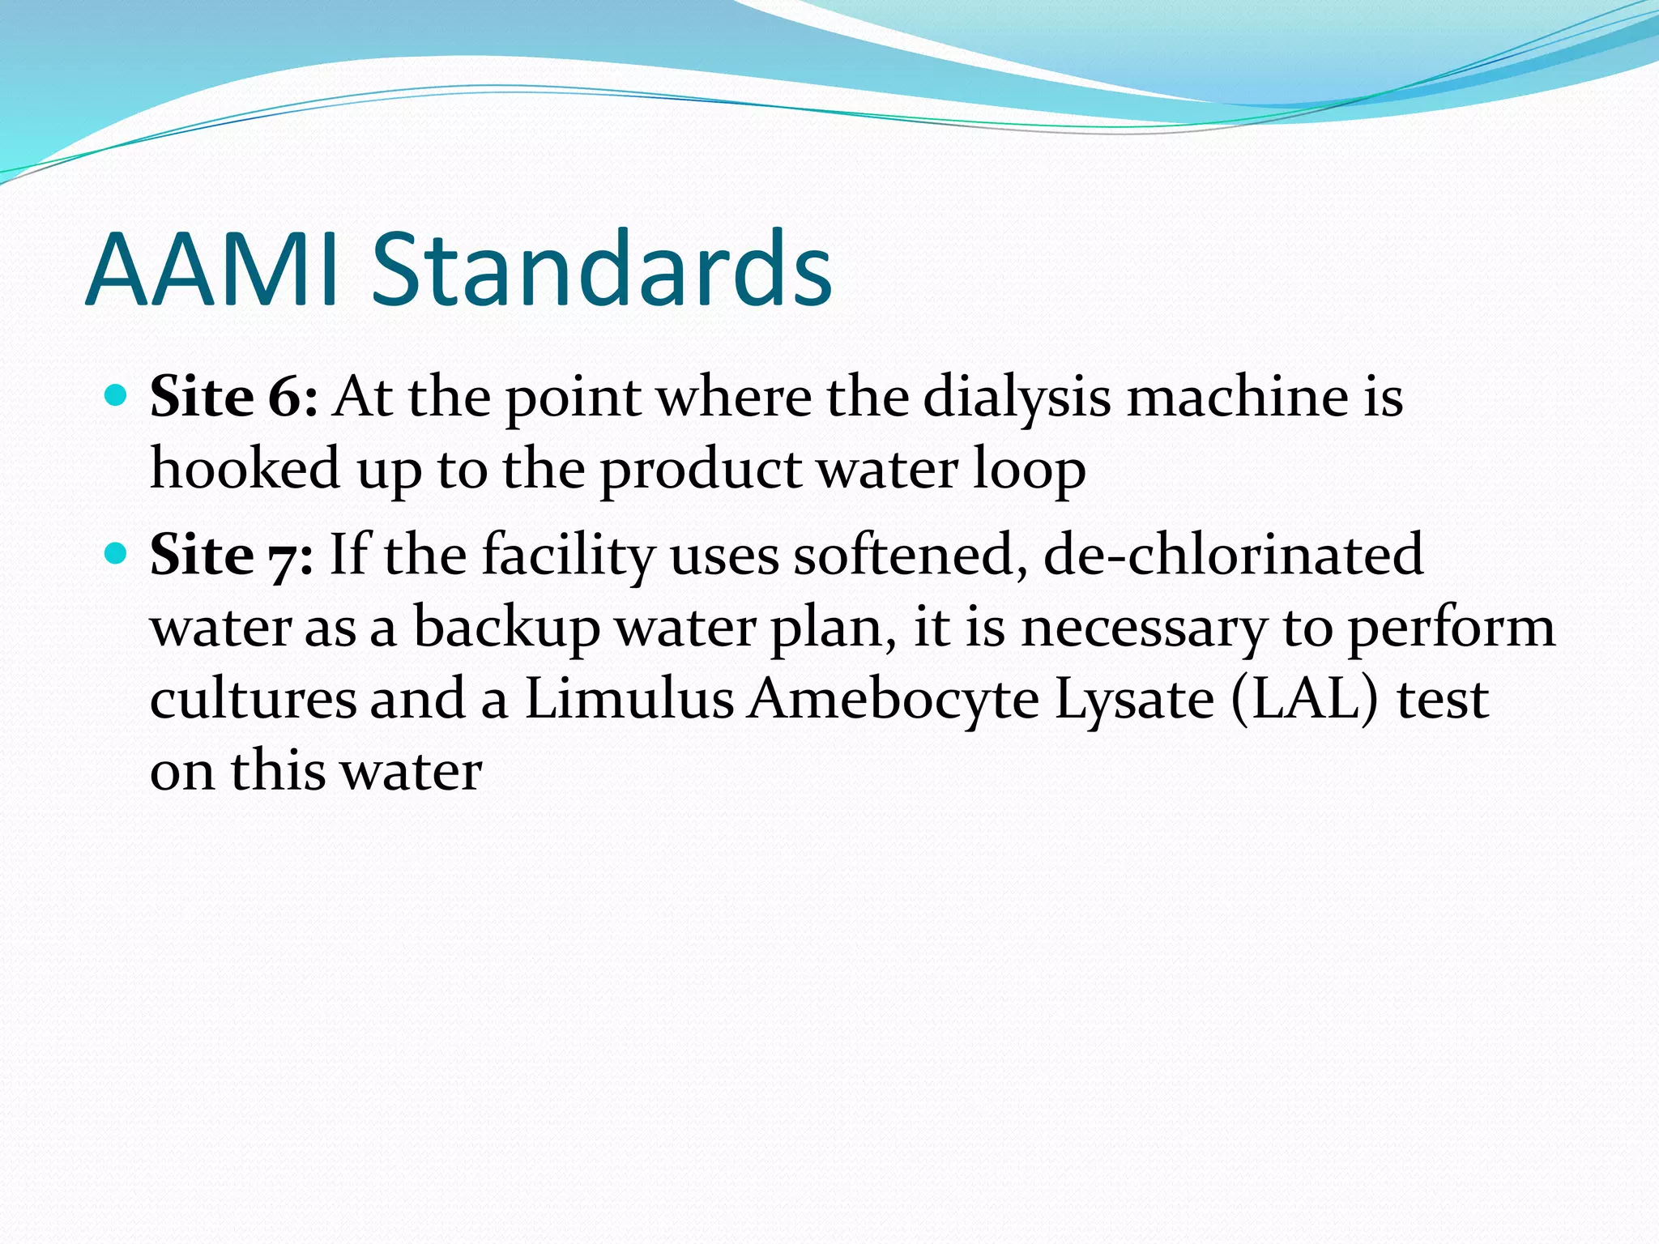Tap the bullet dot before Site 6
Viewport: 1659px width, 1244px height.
(x=117, y=396)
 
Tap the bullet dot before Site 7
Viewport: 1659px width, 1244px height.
(x=117, y=554)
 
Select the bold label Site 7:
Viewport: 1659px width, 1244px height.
(x=232, y=556)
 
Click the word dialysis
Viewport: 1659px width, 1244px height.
(x=1016, y=398)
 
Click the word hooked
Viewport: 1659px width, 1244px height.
(x=245, y=469)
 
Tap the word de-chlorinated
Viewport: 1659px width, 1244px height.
(x=1232, y=556)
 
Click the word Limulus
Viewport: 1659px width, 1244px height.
(x=629, y=699)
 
